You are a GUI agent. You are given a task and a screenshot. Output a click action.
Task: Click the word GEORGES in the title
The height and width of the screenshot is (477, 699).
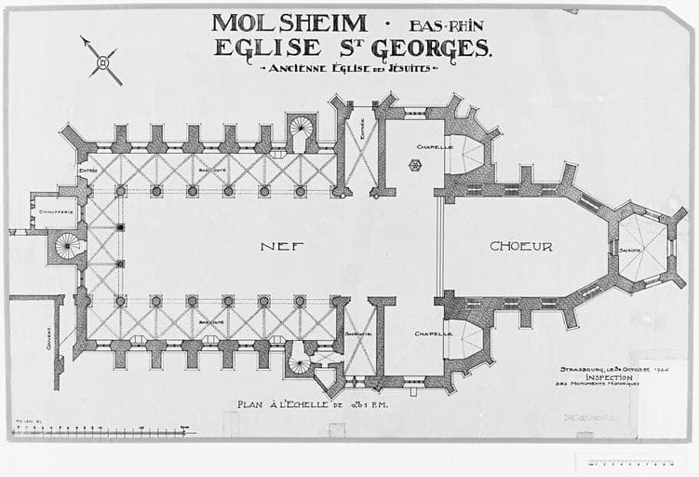439,48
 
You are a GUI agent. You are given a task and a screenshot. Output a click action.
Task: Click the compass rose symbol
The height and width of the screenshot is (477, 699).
102,61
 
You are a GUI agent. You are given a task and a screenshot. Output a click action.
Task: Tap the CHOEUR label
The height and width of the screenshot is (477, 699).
521,246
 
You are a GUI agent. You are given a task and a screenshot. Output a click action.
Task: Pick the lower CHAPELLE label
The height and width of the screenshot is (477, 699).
434,333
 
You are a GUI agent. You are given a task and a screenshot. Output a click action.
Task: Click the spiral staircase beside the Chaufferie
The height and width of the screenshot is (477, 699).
67,246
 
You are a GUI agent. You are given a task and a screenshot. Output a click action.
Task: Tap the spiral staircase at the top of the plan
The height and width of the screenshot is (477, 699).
302,128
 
